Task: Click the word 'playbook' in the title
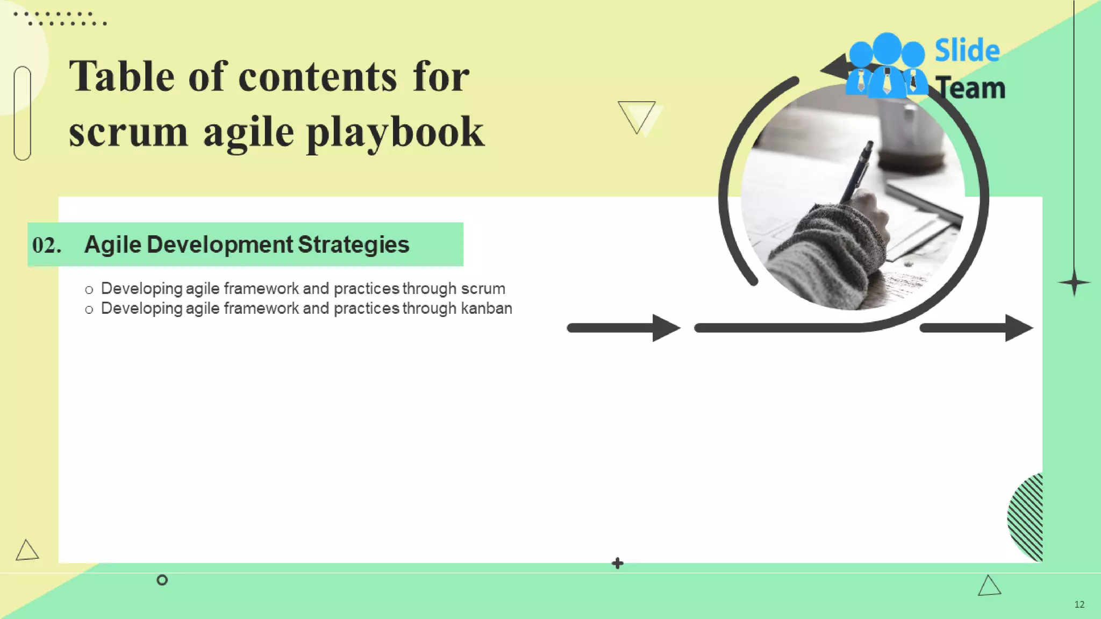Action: (395, 133)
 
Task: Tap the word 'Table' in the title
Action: (121, 76)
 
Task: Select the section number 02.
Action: (46, 245)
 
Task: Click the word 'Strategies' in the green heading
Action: (353, 244)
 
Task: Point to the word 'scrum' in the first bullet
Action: (483, 289)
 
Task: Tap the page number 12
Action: (1079, 604)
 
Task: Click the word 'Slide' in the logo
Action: (967, 51)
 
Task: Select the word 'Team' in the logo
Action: (970, 88)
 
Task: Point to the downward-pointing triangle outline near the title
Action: (637, 115)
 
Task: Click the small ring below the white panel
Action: (162, 580)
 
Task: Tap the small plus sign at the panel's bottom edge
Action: (618, 563)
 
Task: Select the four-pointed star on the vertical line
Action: (1074, 283)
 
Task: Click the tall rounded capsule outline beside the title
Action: (23, 113)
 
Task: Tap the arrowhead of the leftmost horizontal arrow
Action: (666, 328)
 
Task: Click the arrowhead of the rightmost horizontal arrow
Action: (1018, 328)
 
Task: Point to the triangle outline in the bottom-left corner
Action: (26, 551)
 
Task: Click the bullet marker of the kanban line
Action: (89, 309)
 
